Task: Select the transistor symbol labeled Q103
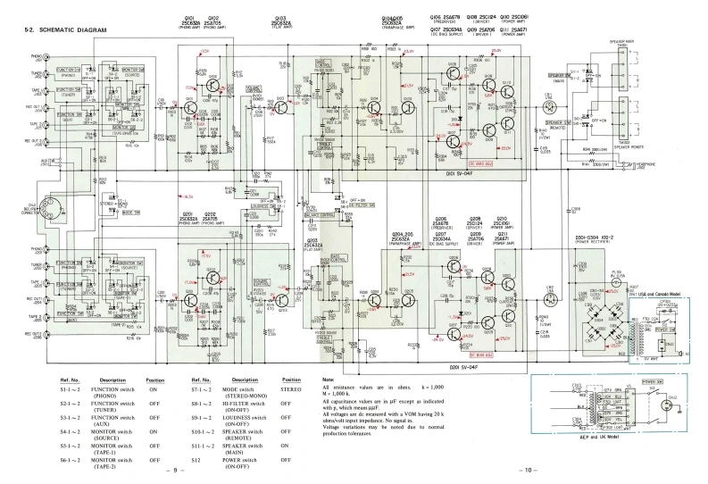pyautogui.click(x=279, y=108)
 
